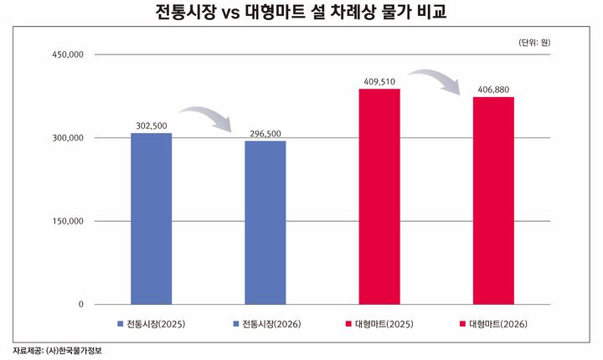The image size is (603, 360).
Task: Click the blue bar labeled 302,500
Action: (151, 219)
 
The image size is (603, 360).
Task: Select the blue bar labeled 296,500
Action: (265, 222)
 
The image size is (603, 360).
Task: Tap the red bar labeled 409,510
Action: (379, 196)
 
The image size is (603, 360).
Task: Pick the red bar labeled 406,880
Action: (493, 200)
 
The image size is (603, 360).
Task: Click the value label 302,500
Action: (151, 126)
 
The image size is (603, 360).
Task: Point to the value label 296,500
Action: (265, 133)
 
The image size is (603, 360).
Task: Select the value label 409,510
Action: (379, 81)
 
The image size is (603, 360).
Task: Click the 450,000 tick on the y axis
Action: (67, 55)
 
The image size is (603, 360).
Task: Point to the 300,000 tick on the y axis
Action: (67, 138)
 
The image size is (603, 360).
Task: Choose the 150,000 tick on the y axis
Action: (67, 221)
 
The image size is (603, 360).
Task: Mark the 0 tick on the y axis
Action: (80, 305)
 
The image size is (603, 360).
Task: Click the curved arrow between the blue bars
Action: (208, 117)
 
